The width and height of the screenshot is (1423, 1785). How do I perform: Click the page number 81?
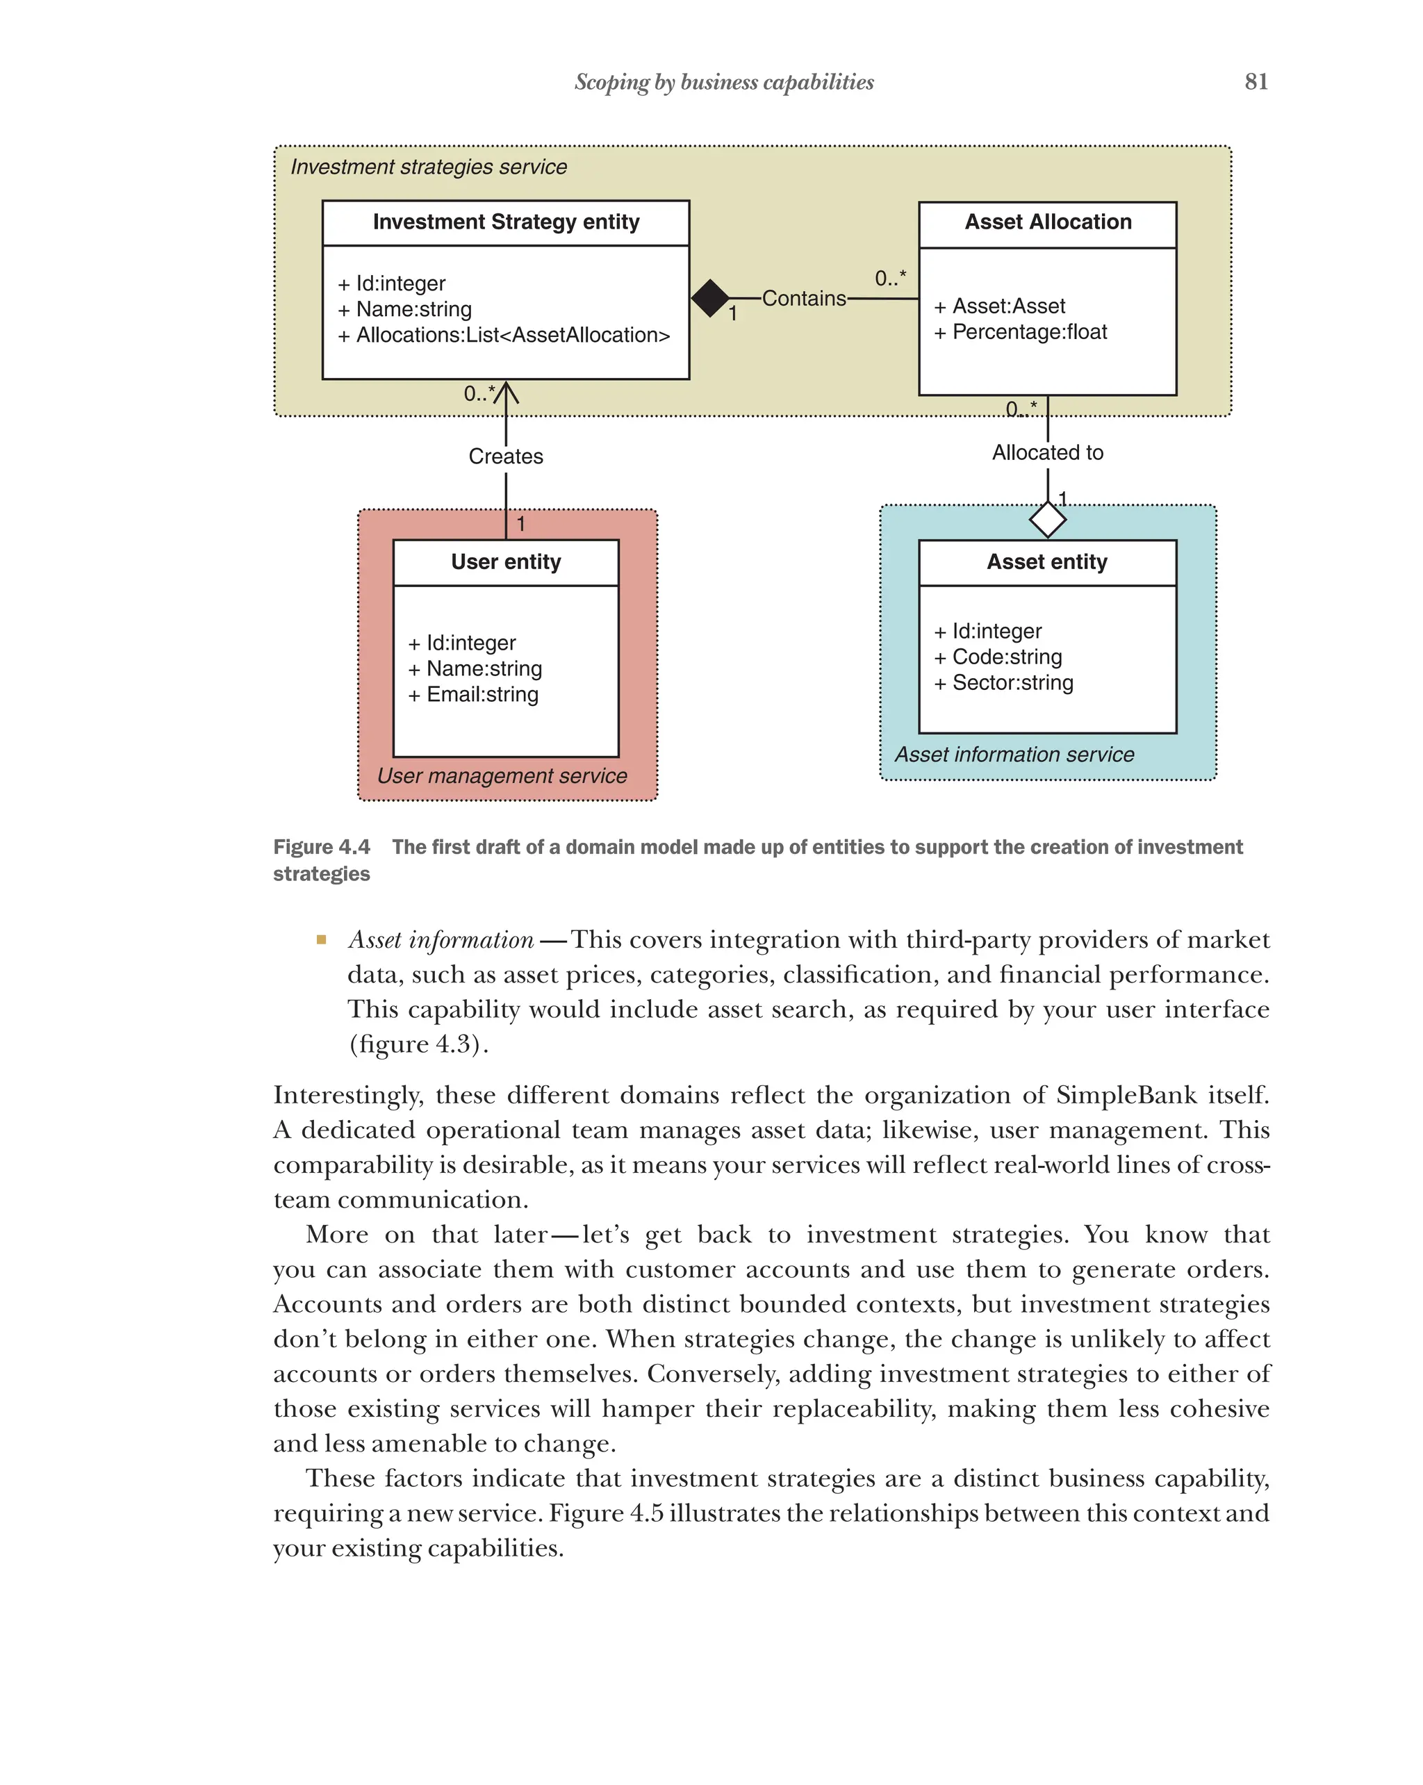[x=1255, y=81]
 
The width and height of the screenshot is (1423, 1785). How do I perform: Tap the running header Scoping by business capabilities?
[x=723, y=82]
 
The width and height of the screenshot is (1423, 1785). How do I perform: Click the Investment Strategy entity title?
[x=506, y=222]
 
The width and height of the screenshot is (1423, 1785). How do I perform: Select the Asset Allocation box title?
[x=1047, y=222]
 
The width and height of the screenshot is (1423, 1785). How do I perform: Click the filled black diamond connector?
[x=709, y=298]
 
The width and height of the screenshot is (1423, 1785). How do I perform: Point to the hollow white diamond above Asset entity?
[x=1047, y=519]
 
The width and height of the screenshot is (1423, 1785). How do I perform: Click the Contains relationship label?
[x=803, y=298]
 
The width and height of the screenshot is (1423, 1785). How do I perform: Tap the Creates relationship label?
[x=506, y=456]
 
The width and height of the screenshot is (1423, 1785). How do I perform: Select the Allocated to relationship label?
[x=1047, y=452]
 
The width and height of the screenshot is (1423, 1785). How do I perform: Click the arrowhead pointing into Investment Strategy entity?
[x=506, y=392]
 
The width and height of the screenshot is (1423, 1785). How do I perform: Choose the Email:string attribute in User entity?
[x=482, y=695]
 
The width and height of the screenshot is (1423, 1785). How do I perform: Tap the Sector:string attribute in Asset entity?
[x=1012, y=683]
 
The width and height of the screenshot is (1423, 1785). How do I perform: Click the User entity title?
[x=506, y=562]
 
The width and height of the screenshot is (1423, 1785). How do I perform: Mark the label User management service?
[x=502, y=775]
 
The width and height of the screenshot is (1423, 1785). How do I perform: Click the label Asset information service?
[x=1013, y=755]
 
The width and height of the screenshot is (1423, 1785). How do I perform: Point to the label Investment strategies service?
[x=428, y=167]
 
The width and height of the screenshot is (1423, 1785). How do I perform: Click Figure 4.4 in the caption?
[x=321, y=847]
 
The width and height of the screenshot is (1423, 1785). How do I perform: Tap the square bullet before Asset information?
[x=321, y=939]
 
